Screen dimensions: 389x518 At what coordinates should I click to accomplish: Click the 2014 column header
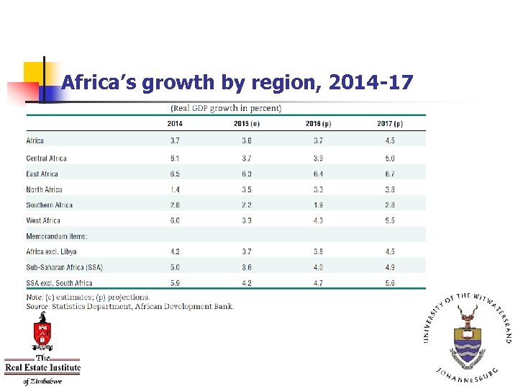point(176,123)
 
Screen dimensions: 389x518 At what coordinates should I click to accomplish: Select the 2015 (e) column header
point(247,123)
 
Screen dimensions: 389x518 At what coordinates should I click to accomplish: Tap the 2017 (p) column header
point(390,123)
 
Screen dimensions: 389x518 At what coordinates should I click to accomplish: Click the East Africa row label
point(42,174)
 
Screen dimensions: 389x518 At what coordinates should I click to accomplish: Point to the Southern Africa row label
point(49,205)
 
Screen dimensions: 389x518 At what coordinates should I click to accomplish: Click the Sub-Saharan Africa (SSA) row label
point(59,267)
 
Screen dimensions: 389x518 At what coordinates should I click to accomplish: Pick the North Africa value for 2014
point(176,189)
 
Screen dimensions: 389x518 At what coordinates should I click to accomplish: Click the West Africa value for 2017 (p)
point(390,220)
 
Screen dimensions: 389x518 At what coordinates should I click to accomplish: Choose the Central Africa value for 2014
point(176,158)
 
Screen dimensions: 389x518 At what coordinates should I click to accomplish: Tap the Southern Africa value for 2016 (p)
point(318,205)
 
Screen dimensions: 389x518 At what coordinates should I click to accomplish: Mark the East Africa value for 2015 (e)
point(247,174)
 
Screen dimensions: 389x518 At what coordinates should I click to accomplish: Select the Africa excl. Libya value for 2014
point(176,252)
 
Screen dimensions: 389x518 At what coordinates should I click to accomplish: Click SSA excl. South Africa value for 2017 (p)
point(390,283)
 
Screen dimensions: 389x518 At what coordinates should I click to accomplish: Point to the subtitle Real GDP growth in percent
point(226,109)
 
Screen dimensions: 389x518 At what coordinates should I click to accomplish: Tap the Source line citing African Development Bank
point(129,306)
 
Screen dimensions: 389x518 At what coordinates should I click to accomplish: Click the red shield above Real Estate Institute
point(42,332)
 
